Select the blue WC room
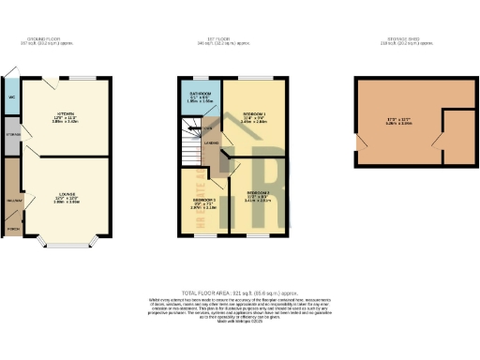(x=11, y=97)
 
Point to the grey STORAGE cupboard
(x=11, y=134)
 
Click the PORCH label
(x=12, y=227)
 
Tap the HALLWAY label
(x=13, y=199)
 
